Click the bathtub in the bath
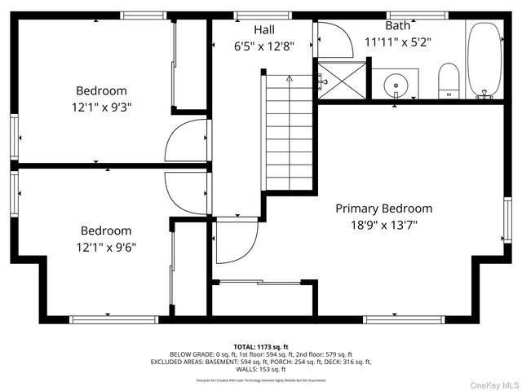pos(485,59)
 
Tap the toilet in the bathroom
pos(449,82)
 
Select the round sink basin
pos(396,83)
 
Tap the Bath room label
pos(397,25)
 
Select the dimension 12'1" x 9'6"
pos(105,247)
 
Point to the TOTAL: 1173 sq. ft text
pos(261,346)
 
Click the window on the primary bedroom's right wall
pos(507,219)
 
